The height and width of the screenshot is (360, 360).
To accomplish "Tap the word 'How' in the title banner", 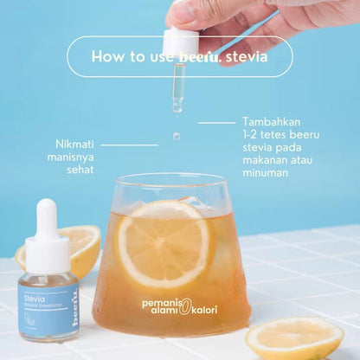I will click(x=107, y=57).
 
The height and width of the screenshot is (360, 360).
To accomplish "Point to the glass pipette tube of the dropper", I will click(x=177, y=87).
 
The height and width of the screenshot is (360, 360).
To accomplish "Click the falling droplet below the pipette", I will click(x=177, y=136).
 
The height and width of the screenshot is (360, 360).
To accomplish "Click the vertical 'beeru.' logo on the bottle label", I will click(x=73, y=303).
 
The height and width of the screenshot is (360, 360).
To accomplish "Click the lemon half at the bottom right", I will click(x=294, y=337).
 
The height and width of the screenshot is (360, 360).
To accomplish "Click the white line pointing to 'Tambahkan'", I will click(x=217, y=123).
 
